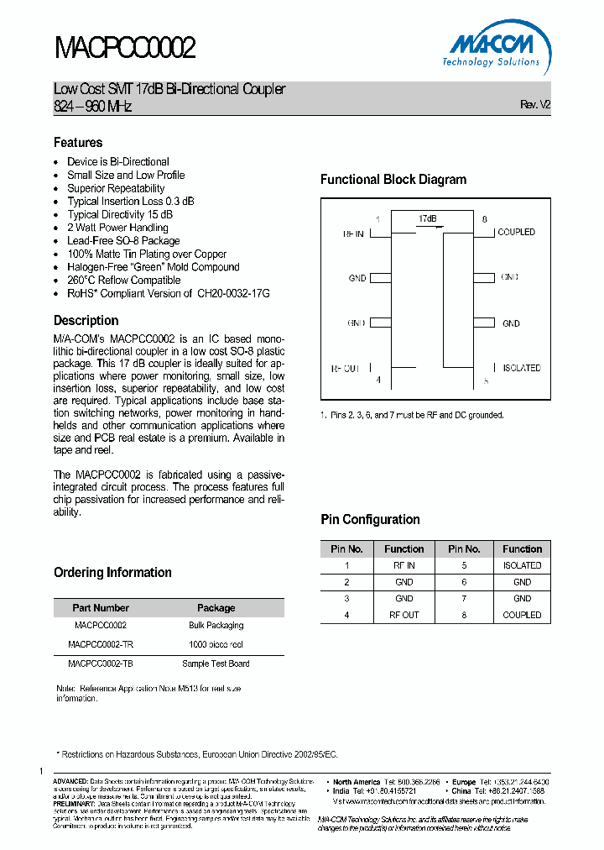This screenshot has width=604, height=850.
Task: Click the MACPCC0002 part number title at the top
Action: pos(125,48)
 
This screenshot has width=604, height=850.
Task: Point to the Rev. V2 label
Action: pos(535,104)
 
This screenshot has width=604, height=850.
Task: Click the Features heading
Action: pos(78,143)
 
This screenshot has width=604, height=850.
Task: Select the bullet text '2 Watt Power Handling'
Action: pos(117,228)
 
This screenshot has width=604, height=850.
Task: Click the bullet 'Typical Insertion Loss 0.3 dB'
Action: pos(131,202)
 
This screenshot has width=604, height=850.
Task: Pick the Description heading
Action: pos(86,321)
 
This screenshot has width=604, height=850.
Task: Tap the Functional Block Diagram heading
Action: pos(393,180)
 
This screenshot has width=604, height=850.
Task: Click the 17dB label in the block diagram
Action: pos(428,219)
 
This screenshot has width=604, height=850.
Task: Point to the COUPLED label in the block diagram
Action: pos(516,233)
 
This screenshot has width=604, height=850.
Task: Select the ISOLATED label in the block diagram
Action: pos(521,368)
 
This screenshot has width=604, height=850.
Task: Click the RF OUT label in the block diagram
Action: pos(346,369)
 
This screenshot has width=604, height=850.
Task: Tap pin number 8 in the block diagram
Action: pos(484,219)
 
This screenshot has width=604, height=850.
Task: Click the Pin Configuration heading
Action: pos(370,520)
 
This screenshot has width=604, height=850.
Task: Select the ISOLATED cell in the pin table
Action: pos(522,566)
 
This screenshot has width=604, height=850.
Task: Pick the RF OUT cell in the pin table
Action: pos(404,615)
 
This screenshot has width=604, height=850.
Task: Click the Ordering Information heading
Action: pos(112,573)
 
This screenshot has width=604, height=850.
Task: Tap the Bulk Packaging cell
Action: pos(216,626)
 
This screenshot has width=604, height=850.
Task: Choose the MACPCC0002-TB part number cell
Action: pos(100,664)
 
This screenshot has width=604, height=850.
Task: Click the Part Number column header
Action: pos(101,608)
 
